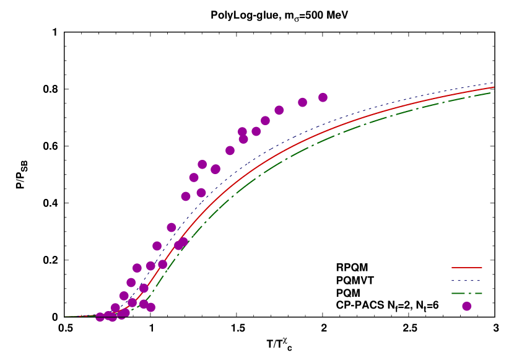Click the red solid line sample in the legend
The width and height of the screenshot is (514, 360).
coord(466,268)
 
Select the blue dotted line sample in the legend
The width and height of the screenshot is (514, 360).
coord(466,281)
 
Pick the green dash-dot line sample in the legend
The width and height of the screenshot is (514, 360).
coord(466,293)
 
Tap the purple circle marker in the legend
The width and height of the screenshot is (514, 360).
coord(466,306)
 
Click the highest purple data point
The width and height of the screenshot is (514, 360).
coord(323,97)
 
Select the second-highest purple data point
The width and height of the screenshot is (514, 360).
coord(302,102)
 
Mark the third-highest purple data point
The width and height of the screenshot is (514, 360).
coord(279,110)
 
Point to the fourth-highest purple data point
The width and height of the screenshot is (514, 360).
coord(265,120)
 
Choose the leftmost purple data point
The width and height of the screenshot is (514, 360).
coord(100,317)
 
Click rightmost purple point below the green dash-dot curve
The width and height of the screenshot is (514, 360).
coord(150,307)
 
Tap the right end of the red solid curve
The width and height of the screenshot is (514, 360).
coord(494,87)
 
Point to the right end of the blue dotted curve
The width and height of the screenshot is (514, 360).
coord(494,82)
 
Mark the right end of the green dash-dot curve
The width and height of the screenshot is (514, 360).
coord(491,93)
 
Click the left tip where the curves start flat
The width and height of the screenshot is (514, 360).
coord(66,317)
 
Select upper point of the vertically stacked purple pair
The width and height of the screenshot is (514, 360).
coord(242,132)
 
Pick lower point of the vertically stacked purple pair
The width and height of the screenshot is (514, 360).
coord(243,139)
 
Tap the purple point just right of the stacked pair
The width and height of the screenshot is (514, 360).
coord(256,131)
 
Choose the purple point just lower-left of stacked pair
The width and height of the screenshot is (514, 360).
coord(230,151)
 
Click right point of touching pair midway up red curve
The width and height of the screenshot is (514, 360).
coord(183,242)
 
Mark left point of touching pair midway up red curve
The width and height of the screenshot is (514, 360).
coord(178,245)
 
